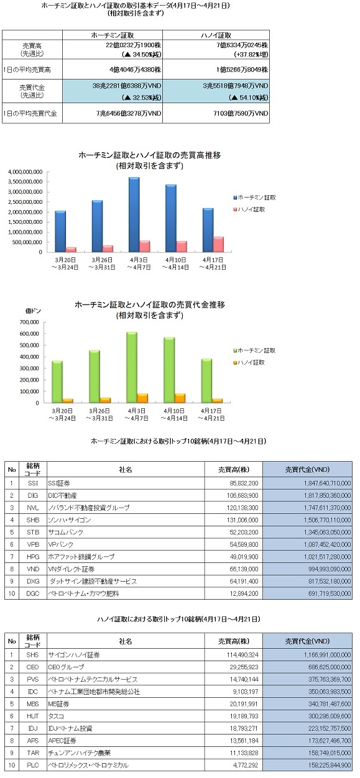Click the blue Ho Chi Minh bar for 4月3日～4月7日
(134, 214)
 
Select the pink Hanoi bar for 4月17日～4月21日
(218, 244)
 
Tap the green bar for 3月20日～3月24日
(57, 382)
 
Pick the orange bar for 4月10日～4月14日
(180, 398)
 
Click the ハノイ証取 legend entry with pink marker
(249, 209)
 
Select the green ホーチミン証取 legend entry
(254, 350)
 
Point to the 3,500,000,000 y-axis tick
(25, 181)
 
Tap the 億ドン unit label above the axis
(33, 311)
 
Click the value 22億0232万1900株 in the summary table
(133, 45)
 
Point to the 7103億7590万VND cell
(241, 113)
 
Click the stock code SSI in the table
(33, 483)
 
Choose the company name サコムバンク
(66, 532)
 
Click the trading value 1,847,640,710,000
(327, 483)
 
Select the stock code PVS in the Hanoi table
(33, 679)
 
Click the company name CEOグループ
(66, 667)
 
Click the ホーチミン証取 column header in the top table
(113, 35)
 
